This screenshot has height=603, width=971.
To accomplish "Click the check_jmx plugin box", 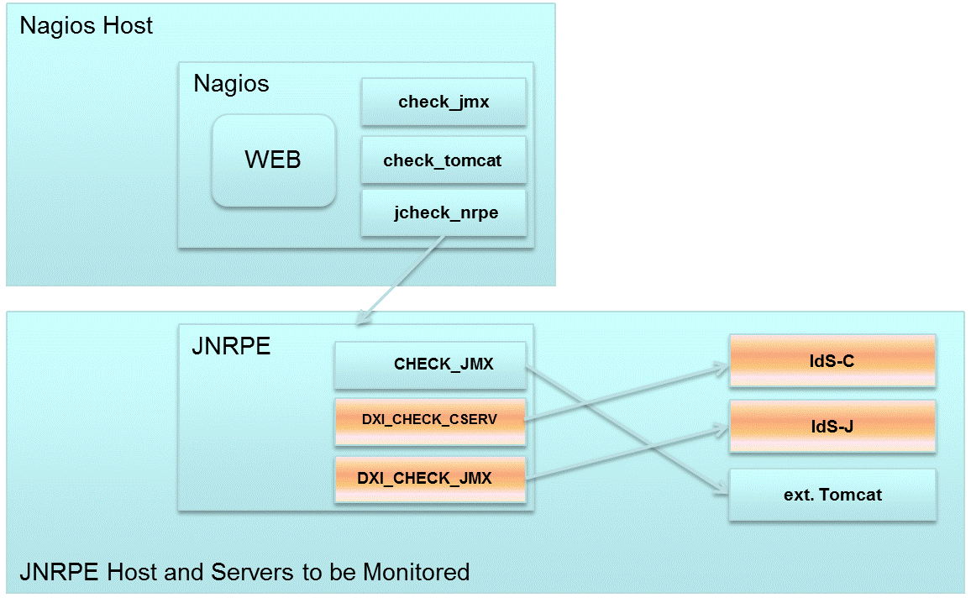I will click(443, 102).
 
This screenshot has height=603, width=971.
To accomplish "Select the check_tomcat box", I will click(443, 160).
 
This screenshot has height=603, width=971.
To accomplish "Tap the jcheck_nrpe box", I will click(443, 212).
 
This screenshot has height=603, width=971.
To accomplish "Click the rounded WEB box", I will click(273, 160).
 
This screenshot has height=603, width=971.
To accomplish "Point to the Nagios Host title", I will click(86, 25).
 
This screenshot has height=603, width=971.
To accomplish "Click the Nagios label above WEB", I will click(231, 84).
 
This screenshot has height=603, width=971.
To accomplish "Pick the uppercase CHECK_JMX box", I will click(430, 365).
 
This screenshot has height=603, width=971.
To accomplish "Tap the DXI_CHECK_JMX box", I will click(430, 480).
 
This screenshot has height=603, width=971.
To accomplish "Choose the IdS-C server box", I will click(832, 360).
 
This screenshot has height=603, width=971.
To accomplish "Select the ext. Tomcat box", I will click(832, 495).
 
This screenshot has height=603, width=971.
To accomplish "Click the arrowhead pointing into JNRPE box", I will click(363, 319).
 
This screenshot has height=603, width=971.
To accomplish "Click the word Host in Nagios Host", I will click(129, 25).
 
